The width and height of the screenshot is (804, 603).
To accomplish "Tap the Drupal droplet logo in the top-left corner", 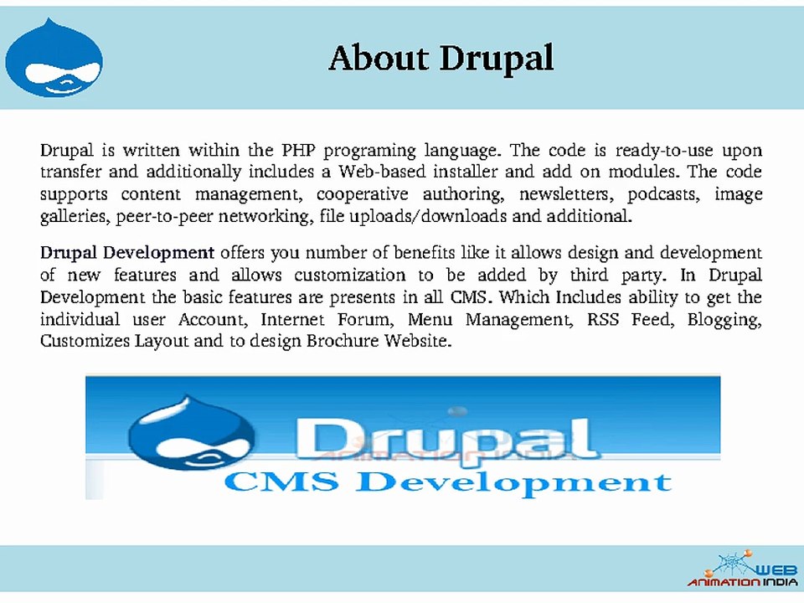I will click(54, 59).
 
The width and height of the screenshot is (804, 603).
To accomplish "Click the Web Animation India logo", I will click(742, 569).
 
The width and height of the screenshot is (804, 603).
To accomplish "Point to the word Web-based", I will click(381, 173).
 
